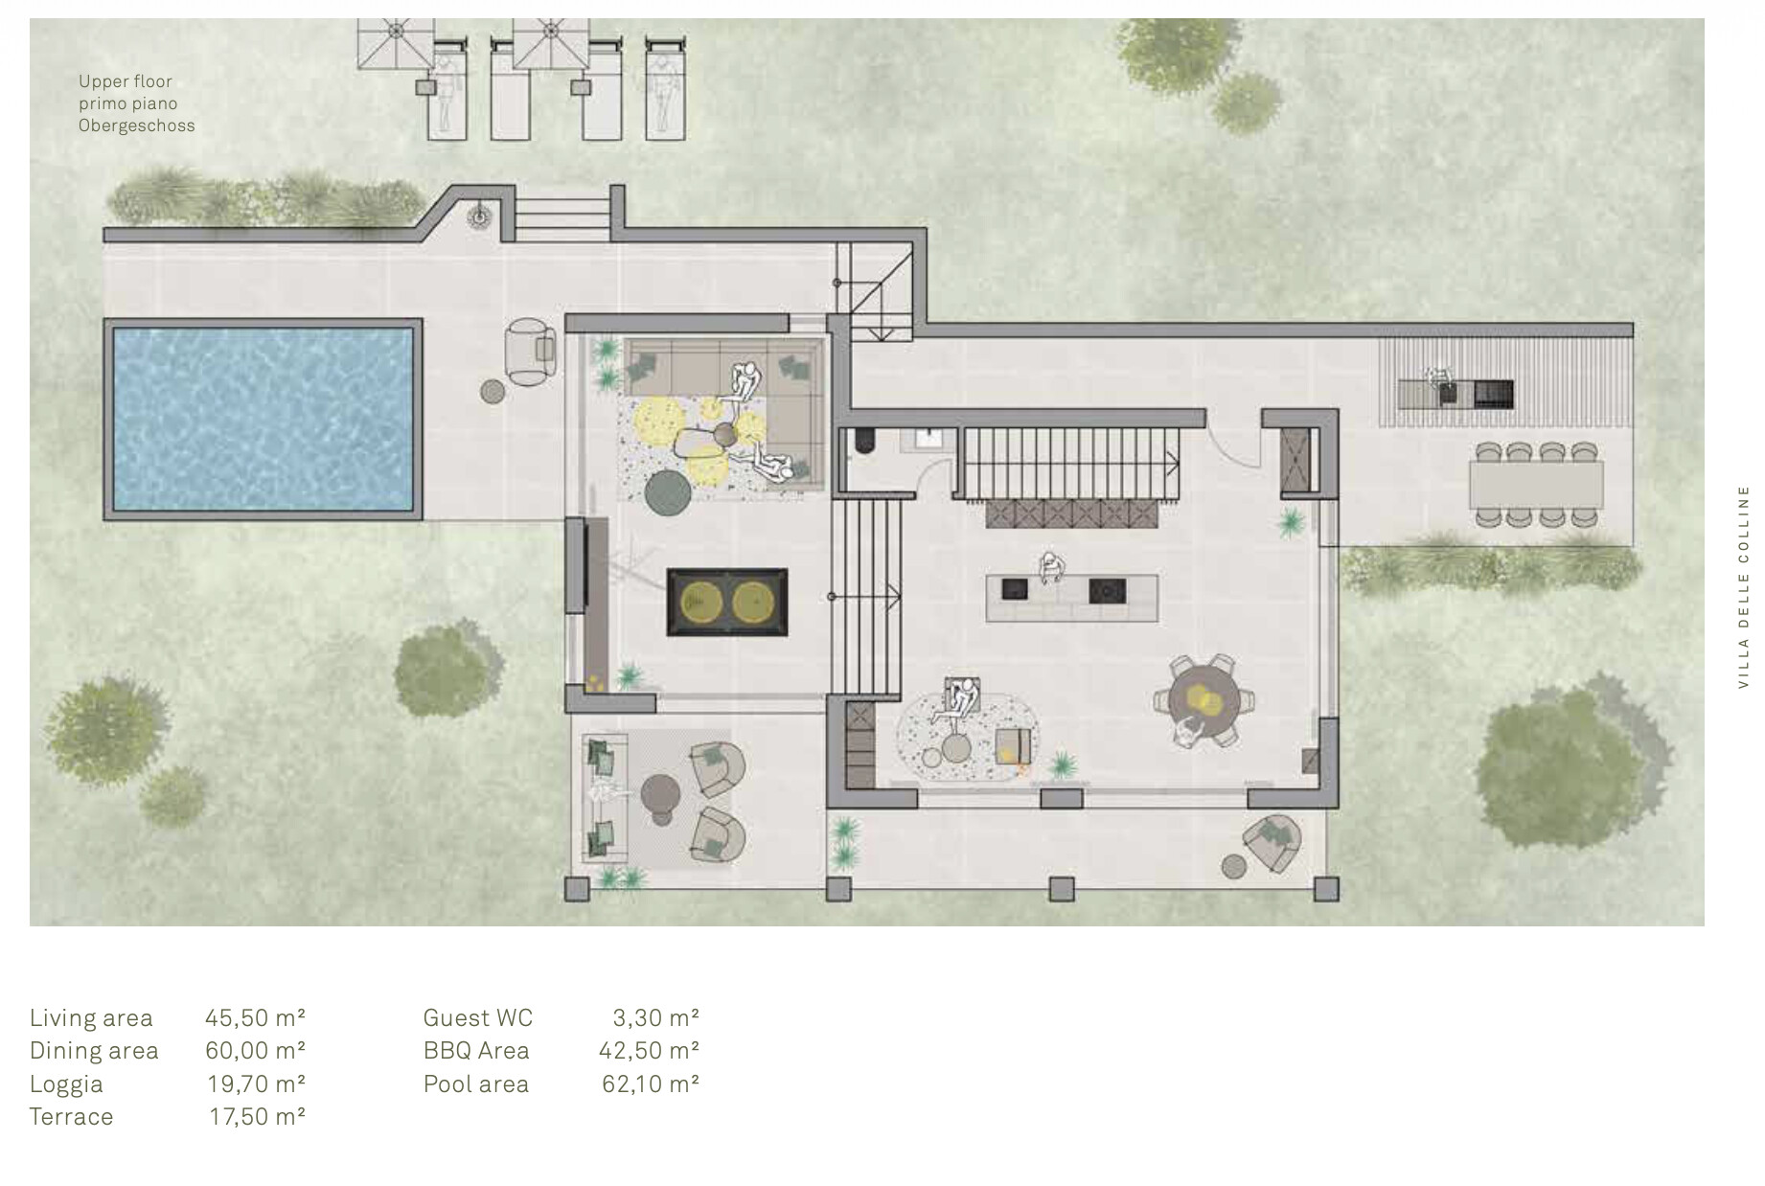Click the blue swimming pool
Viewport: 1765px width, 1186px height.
coord(263,420)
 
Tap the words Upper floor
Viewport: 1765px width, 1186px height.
coord(126,81)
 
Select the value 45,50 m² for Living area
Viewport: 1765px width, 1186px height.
coord(255,1017)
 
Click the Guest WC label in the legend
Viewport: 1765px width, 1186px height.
coord(477,1017)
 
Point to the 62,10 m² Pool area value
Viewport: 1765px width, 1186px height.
coord(650,1083)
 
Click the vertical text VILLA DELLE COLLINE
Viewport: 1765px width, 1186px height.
coord(1743,586)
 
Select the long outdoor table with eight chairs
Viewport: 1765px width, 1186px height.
coord(1536,484)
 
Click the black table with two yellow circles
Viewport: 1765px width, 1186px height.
coord(727,603)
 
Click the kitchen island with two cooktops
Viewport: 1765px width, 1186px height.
coord(1073,597)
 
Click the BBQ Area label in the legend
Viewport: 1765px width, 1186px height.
coord(476,1051)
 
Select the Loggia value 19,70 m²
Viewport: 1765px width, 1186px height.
coord(257,1083)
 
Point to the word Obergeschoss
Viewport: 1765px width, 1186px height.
coord(137,125)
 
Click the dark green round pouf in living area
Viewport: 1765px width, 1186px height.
coord(668,492)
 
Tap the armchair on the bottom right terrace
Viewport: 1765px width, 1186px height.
coord(1271,843)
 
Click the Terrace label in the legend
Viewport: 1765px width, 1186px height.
coord(71,1117)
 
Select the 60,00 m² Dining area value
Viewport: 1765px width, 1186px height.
coord(255,1051)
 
